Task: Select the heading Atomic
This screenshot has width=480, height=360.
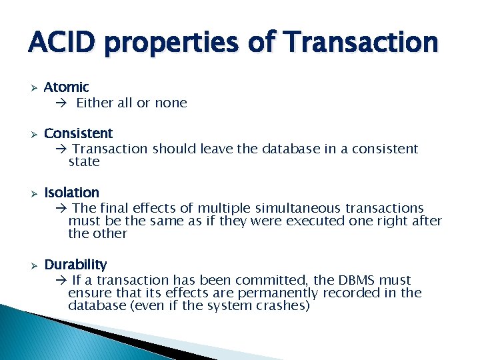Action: (x=66, y=87)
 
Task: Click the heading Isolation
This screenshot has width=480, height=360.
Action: (x=71, y=193)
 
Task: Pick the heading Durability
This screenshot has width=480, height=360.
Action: (x=75, y=265)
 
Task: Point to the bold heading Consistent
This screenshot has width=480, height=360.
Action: (x=78, y=133)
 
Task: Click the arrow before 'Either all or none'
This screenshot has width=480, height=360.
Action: (x=61, y=103)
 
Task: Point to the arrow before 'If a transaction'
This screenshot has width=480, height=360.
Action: (x=61, y=281)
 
